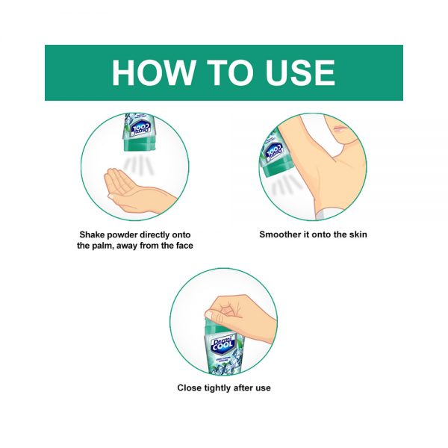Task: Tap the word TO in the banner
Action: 229,72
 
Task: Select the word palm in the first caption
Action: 102,246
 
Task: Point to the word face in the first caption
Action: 183,246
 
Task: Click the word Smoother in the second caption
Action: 280,234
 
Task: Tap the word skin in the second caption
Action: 358,234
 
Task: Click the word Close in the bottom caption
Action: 189,388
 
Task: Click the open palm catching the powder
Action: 134,190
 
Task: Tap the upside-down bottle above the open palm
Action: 140,131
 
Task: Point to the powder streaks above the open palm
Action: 139,165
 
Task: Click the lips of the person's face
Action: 339,128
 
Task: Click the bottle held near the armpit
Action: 273,154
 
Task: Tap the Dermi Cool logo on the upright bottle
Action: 223,345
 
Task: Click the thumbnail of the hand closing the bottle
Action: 210,315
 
